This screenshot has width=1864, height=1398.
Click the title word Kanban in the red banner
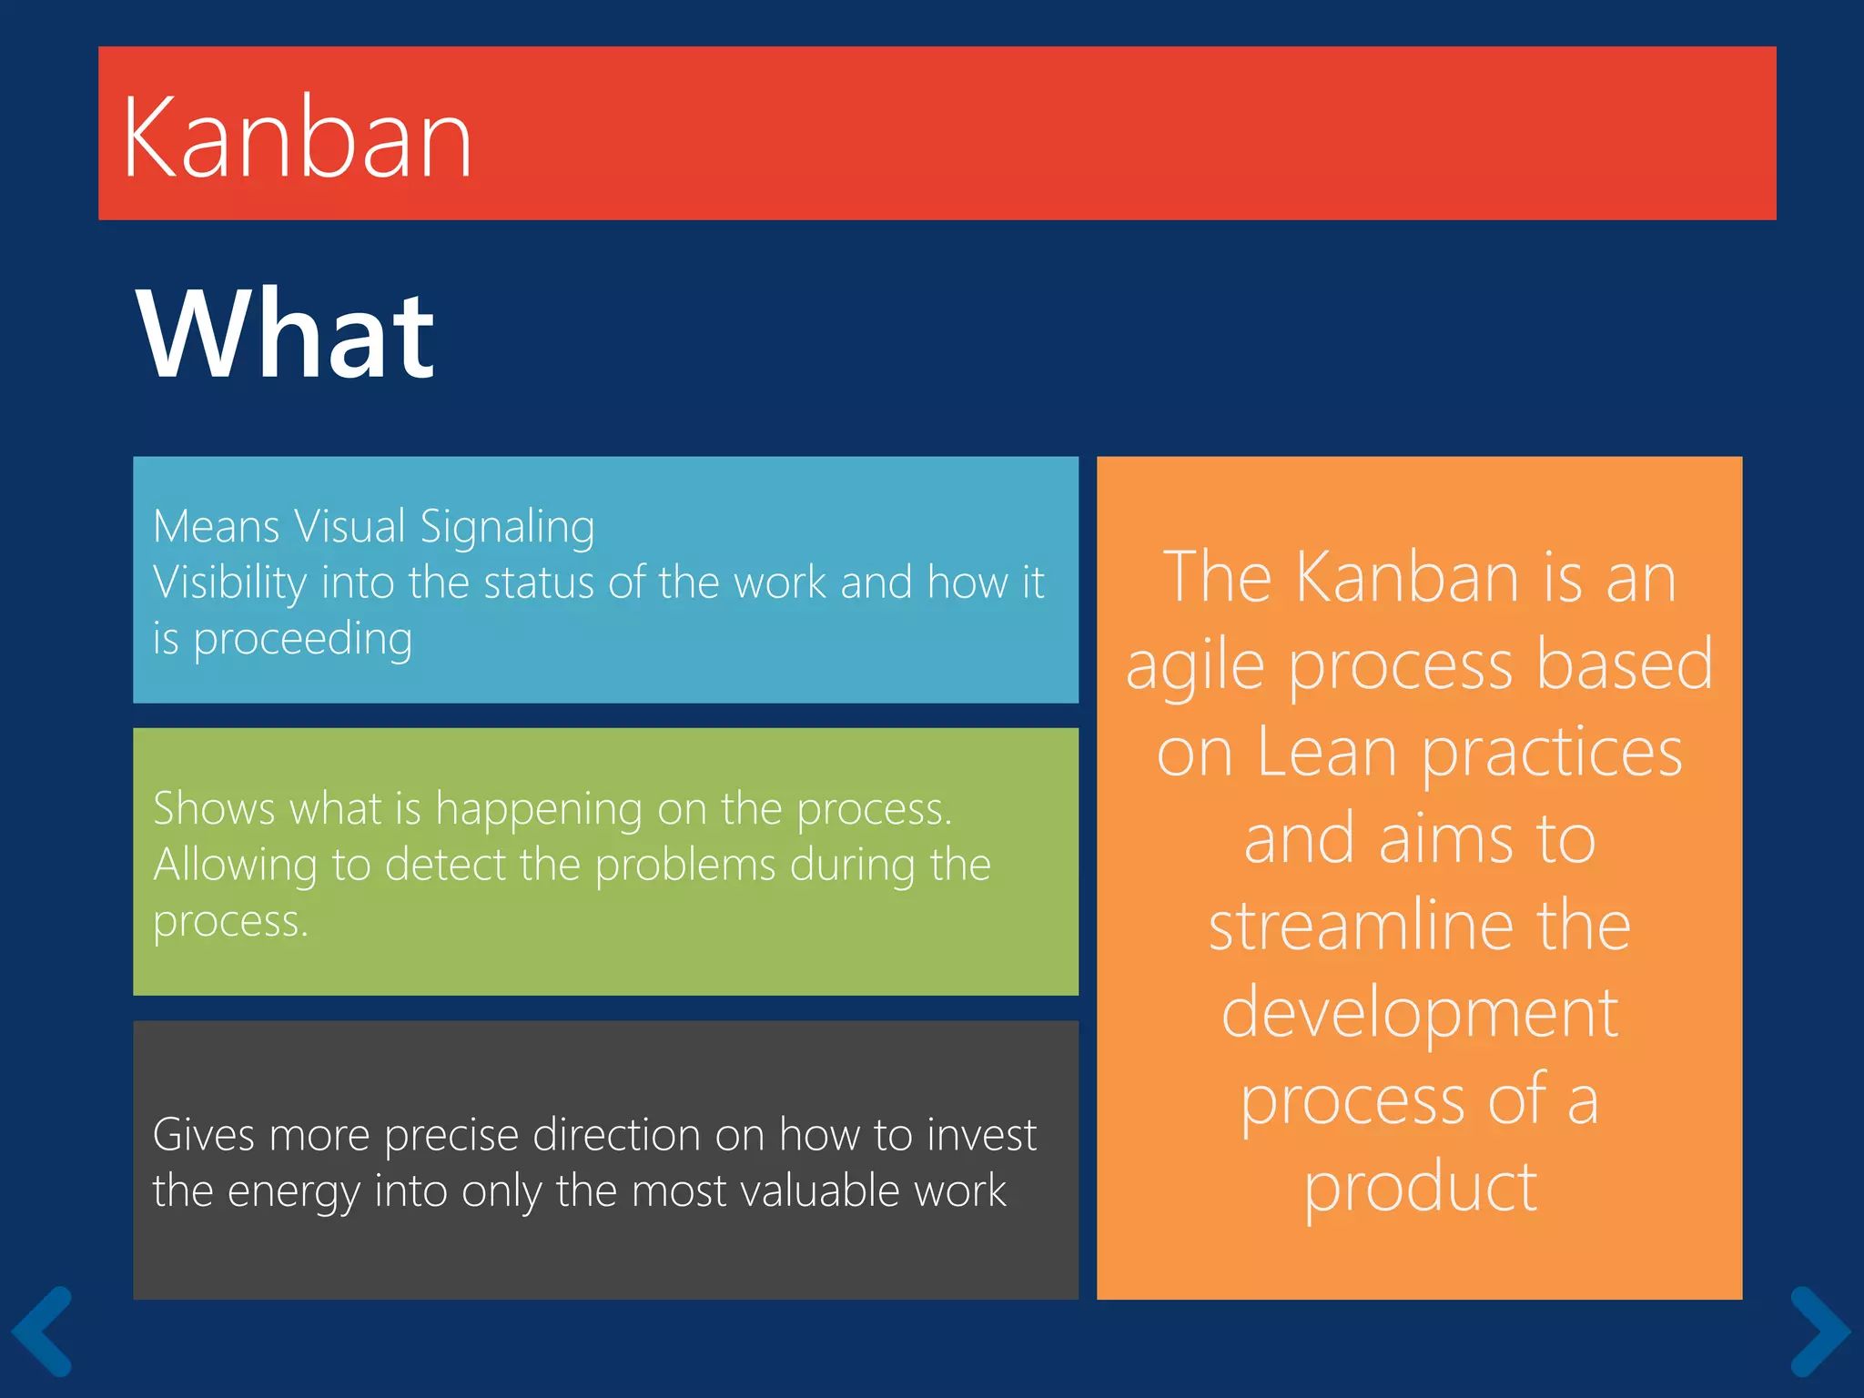coord(297,138)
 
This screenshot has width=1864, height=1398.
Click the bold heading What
coord(285,334)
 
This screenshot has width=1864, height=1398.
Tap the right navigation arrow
coord(1819,1330)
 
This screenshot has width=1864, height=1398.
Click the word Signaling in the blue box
coord(507,528)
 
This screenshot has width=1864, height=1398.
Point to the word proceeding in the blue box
coord(302,639)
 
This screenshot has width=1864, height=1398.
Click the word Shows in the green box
coord(213,808)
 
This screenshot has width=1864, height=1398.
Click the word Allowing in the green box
coord(235,866)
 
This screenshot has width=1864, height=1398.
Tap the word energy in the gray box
coord(293,1192)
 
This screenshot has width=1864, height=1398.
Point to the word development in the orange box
coord(1419,1014)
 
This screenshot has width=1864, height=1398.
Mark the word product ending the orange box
coord(1420,1188)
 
